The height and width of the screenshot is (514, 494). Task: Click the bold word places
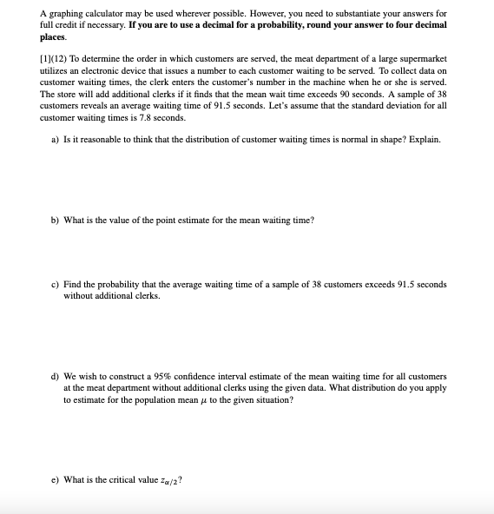(53, 37)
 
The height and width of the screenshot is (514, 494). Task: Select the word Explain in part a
(423, 138)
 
